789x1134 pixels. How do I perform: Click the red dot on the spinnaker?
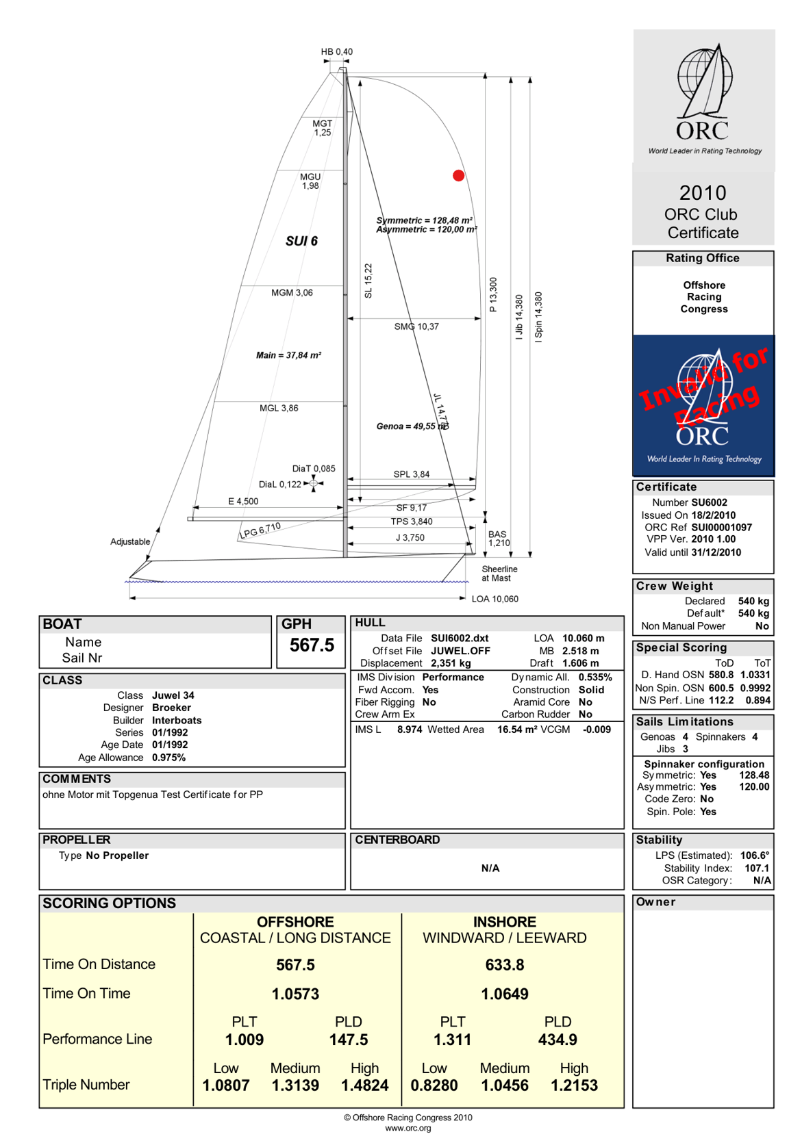458,175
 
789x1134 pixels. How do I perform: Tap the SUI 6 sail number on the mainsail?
301,241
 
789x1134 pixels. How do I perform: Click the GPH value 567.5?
312,645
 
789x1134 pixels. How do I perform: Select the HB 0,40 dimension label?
337,52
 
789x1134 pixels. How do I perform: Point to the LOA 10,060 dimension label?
494,599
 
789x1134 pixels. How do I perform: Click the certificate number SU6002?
709,502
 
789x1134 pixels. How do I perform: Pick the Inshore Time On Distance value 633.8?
505,965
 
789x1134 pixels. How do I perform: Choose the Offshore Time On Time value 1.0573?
295,994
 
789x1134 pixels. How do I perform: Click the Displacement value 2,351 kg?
451,663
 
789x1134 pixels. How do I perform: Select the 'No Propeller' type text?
117,855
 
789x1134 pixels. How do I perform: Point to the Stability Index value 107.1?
757,868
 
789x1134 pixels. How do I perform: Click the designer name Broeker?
171,708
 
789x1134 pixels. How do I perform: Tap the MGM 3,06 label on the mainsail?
292,293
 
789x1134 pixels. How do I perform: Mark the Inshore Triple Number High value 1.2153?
574,1085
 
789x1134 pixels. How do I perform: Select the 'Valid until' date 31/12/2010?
716,552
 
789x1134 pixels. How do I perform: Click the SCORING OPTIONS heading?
109,903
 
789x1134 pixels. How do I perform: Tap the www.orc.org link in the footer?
408,1128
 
